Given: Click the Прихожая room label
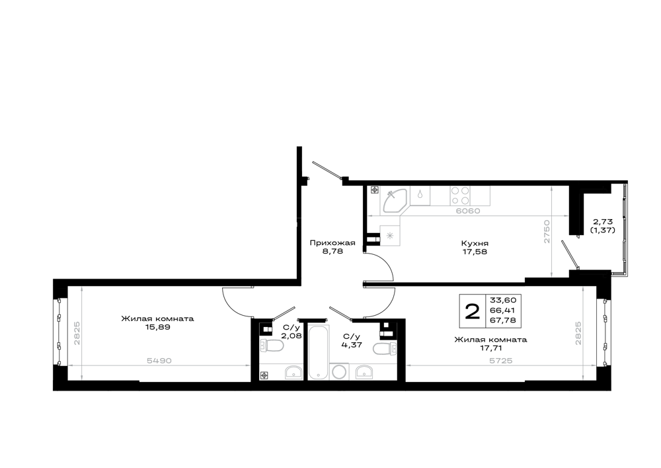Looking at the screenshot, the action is tap(332, 243).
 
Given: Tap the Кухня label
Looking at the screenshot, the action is tap(475, 244).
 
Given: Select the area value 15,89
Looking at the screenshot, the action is tap(157, 327).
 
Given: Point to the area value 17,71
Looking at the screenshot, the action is tap(490, 348).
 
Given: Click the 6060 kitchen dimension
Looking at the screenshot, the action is tap(468, 211).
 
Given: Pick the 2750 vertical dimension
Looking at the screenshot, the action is tap(547, 231).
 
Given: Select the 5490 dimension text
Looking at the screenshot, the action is tap(159, 360).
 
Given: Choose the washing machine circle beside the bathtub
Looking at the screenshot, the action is tap(340, 372).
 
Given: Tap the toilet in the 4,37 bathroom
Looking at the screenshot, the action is tap(385, 349).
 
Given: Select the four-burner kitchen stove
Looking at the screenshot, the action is tap(460, 196).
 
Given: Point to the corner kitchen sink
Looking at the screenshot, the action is tap(394, 200).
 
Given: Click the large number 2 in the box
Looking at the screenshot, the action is tap(472, 312).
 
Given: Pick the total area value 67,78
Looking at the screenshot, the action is tap(503, 320).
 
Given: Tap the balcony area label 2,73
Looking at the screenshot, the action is tap(602, 221).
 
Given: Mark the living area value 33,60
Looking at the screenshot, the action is tap(503, 300).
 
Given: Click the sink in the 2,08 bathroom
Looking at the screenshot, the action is tap(293, 373).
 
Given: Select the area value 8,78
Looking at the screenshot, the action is tap(332, 252).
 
